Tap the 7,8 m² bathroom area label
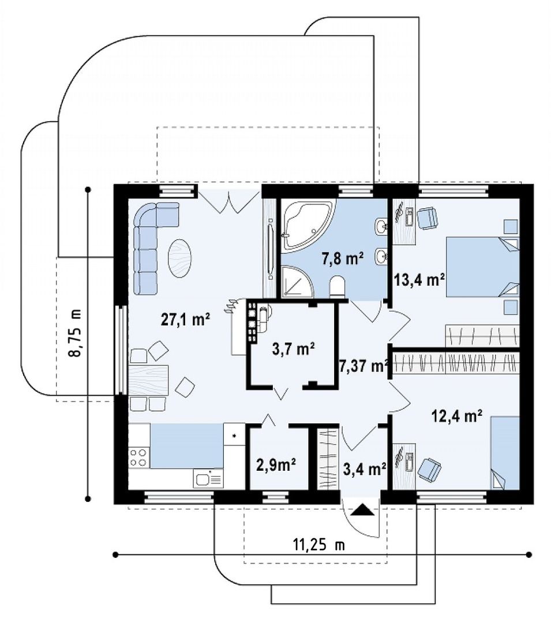343,258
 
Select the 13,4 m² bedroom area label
419,280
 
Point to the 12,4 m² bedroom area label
457,416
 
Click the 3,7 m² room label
294,349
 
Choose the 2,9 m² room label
276,464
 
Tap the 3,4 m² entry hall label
365,469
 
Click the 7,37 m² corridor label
363,366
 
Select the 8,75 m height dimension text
76,332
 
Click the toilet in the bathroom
338,287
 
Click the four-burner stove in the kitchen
138,457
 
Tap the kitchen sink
208,478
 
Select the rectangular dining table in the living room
149,381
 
